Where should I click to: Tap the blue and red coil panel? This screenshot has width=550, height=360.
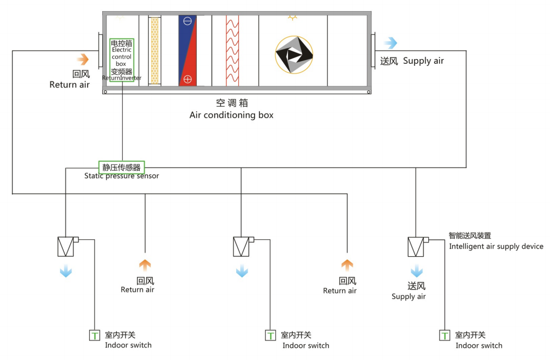(x=187, y=51)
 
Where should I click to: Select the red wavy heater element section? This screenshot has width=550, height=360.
(x=233, y=51)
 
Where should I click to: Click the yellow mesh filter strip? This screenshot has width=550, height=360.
(x=155, y=51)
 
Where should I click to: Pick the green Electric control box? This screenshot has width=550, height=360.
(x=121, y=60)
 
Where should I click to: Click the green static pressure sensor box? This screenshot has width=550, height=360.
(x=121, y=168)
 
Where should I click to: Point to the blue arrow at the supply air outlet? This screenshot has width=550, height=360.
(x=391, y=43)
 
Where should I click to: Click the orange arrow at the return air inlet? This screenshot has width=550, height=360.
(x=83, y=59)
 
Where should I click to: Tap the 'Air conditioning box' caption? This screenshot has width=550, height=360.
(x=231, y=115)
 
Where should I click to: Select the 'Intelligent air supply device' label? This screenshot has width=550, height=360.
(x=496, y=246)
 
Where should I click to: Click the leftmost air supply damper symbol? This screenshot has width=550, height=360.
(x=65, y=247)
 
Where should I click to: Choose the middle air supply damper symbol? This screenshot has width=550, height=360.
(x=241, y=247)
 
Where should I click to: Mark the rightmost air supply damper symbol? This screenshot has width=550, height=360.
(x=416, y=247)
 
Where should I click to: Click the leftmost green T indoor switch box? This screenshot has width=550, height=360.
(x=94, y=336)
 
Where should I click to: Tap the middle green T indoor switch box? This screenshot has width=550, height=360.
(x=270, y=336)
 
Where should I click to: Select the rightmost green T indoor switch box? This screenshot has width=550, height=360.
(x=445, y=336)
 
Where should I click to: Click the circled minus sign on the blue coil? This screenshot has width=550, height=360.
(x=188, y=22)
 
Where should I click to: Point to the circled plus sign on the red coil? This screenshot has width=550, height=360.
(x=188, y=80)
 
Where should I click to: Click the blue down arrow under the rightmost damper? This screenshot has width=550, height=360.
(x=417, y=271)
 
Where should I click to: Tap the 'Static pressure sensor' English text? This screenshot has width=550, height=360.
(x=121, y=176)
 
